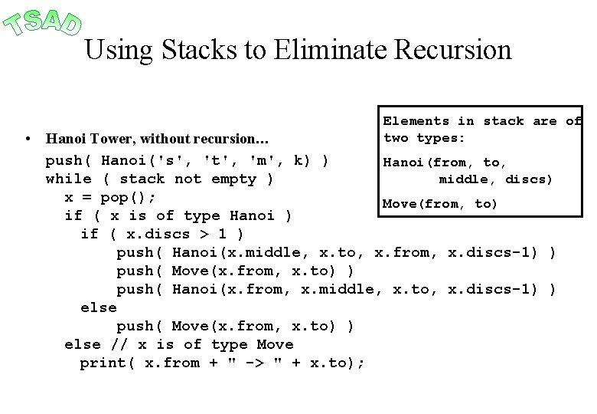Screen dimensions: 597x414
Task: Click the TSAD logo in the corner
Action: [42, 21]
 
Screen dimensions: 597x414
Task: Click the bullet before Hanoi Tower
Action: [27, 140]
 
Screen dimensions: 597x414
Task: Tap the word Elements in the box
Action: [416, 120]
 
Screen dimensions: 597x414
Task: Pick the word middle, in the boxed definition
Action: [467, 179]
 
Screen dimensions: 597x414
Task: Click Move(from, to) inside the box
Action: [440, 203]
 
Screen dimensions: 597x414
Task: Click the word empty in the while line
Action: [237, 179]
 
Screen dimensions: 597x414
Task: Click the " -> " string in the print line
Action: [262, 363]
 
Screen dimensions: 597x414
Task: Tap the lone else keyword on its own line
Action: [99, 307]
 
